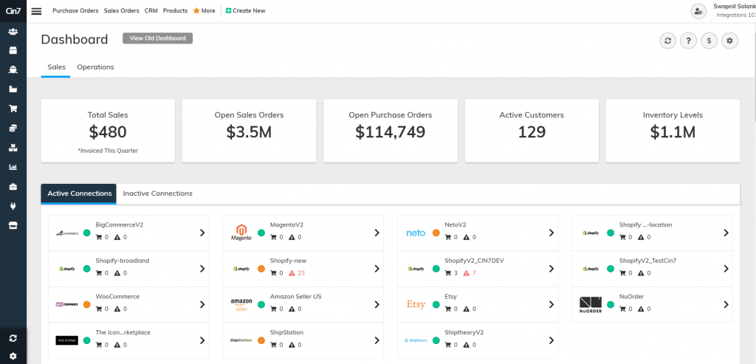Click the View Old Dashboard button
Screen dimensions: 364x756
pos(157,38)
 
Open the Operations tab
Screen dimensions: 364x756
pos(95,67)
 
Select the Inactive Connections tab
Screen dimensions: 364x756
pos(157,193)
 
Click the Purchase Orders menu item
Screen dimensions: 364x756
pos(75,11)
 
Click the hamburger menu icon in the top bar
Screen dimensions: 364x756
pos(37,11)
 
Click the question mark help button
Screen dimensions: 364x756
pos(688,41)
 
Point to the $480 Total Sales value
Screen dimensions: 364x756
pos(108,132)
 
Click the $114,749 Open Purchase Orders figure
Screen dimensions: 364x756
pos(390,132)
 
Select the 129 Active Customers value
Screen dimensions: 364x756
pos(532,132)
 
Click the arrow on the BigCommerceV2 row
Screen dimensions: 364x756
pos(202,233)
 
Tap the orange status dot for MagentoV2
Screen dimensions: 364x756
pos(261,233)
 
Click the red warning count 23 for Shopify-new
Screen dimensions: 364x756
pos(301,273)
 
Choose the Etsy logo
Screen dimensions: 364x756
pos(416,304)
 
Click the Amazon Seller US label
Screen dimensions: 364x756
pos(295,297)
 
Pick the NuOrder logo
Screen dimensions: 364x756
pos(591,304)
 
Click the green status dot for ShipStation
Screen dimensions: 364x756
pos(261,340)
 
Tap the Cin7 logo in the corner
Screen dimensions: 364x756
pos(13,10)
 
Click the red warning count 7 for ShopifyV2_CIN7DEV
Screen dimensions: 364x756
pos(474,273)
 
